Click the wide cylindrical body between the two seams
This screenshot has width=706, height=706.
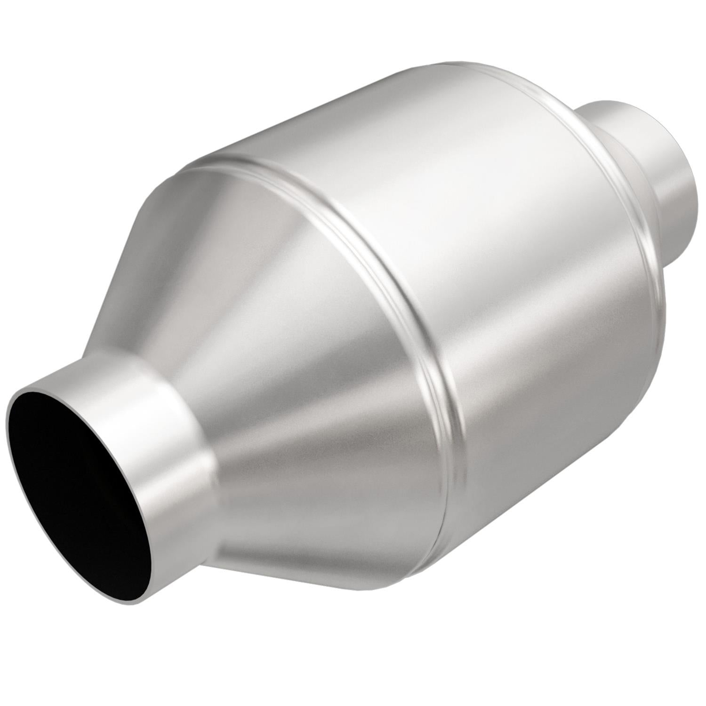(471, 235)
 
